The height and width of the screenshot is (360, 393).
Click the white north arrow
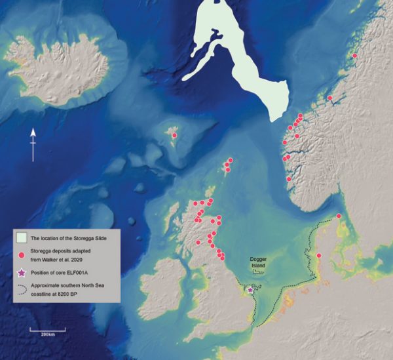click(x=33, y=143)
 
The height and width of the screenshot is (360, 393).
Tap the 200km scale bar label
click(x=47, y=334)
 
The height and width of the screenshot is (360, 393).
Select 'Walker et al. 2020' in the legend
click(x=65, y=260)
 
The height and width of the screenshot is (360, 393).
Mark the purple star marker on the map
click(x=250, y=289)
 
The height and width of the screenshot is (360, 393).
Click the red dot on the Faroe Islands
click(x=174, y=135)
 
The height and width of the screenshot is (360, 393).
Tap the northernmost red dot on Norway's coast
click(x=354, y=56)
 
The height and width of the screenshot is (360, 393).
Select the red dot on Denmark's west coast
click(x=319, y=256)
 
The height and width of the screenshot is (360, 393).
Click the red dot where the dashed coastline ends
click(x=339, y=216)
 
